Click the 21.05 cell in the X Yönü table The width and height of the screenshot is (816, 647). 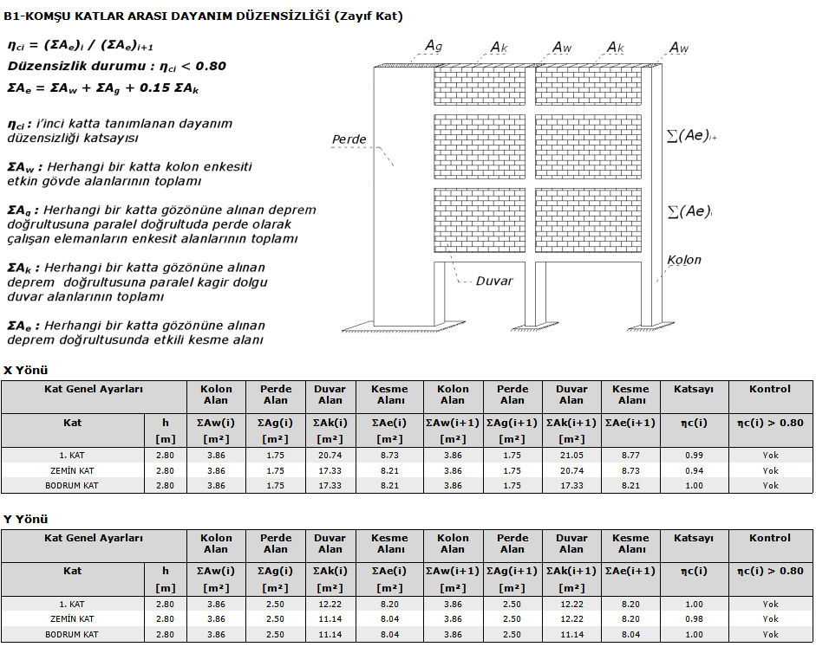pyautogui.click(x=571, y=455)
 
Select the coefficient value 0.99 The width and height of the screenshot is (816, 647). pyautogui.click(x=694, y=455)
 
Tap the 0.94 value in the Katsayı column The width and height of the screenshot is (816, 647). pyautogui.click(x=694, y=470)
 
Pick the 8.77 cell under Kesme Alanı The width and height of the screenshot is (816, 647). pyautogui.click(x=630, y=455)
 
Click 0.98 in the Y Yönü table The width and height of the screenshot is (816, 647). pyautogui.click(x=694, y=619)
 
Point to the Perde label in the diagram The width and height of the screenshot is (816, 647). pyautogui.click(x=349, y=139)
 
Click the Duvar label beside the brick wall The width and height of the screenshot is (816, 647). pyautogui.click(x=494, y=281)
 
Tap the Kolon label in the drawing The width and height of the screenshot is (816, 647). pyautogui.click(x=684, y=260)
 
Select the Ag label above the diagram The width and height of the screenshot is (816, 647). pyautogui.click(x=434, y=45)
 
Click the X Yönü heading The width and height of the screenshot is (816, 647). pyautogui.click(x=26, y=370)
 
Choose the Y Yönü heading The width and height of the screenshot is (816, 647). pyautogui.click(x=26, y=519)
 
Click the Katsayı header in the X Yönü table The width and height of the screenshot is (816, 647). pyautogui.click(x=694, y=390)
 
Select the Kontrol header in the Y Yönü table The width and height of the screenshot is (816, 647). pyautogui.click(x=770, y=538)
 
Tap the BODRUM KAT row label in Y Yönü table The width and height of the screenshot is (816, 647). pyautogui.click(x=72, y=635)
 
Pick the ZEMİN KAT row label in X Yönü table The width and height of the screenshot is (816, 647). pyautogui.click(x=72, y=470)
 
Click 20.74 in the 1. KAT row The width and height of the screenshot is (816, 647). pyautogui.click(x=330, y=455)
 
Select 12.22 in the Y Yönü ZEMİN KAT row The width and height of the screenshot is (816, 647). pyautogui.click(x=571, y=619)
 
